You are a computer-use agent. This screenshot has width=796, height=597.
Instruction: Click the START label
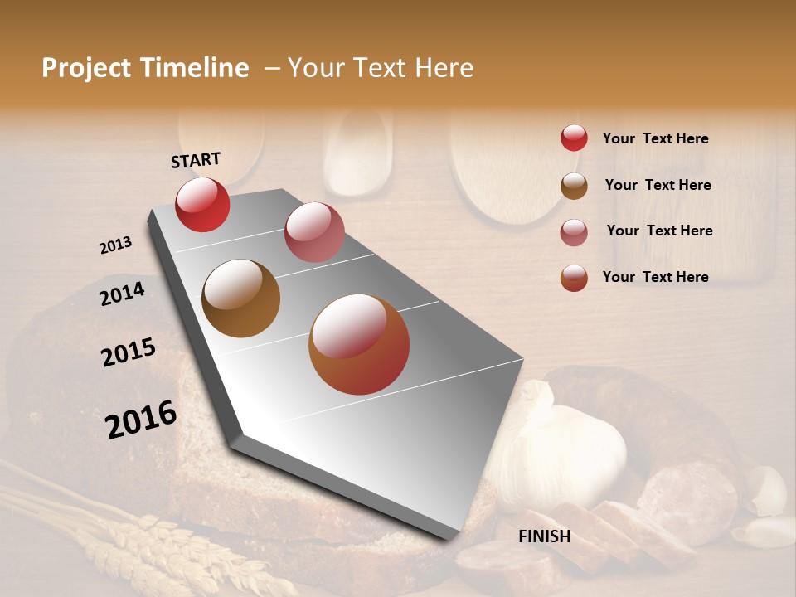pos(196,160)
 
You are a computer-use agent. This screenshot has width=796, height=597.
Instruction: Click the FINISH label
pos(544,536)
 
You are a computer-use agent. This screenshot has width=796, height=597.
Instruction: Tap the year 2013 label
pos(116,245)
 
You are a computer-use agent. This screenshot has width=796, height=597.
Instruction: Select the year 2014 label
pos(123,294)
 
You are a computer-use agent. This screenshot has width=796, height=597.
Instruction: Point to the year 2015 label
pos(129,352)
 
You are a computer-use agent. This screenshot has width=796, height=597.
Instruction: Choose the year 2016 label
pos(141,419)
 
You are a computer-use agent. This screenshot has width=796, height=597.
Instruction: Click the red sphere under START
pos(202,204)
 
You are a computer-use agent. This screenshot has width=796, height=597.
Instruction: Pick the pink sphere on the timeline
pos(314,232)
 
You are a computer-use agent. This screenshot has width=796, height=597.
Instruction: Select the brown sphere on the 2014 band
pos(240,298)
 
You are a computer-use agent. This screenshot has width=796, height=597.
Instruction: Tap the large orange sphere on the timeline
pos(359,344)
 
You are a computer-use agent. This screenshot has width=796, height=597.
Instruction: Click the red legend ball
pos(574,138)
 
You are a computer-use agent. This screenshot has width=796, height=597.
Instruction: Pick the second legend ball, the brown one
pos(574,185)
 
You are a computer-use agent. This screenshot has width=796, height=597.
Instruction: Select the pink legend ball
pos(574,231)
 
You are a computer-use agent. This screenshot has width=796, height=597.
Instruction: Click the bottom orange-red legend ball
pos(574,278)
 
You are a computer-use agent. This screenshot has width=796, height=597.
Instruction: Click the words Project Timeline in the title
pos(145,68)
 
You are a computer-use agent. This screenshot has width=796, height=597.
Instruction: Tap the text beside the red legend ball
pos(655,138)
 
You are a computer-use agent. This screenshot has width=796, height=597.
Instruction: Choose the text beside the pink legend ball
pos(659,231)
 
